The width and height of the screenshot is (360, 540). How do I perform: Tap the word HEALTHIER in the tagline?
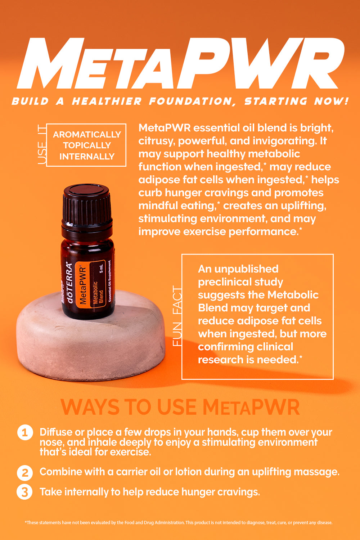107,102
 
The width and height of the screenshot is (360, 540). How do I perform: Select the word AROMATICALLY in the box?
87,135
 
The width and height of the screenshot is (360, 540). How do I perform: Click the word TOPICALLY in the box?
87,145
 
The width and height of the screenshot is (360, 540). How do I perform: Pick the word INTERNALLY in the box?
87,157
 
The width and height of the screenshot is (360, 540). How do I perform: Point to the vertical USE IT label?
42,144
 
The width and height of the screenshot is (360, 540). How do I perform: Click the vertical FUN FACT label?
177,316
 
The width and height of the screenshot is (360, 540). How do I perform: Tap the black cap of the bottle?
86,205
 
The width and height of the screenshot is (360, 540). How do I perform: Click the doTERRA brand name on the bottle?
70,284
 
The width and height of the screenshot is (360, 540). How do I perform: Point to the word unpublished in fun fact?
247,269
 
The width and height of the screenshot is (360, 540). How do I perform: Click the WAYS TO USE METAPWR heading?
180,407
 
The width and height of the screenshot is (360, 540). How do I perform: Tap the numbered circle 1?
25,432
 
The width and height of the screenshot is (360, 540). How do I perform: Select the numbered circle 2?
25,472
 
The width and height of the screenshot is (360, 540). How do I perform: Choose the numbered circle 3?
25,492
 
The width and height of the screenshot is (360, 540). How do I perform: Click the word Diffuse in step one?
55,432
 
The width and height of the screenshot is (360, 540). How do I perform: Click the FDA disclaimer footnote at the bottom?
179,522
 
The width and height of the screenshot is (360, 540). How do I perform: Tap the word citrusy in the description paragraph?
156,141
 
